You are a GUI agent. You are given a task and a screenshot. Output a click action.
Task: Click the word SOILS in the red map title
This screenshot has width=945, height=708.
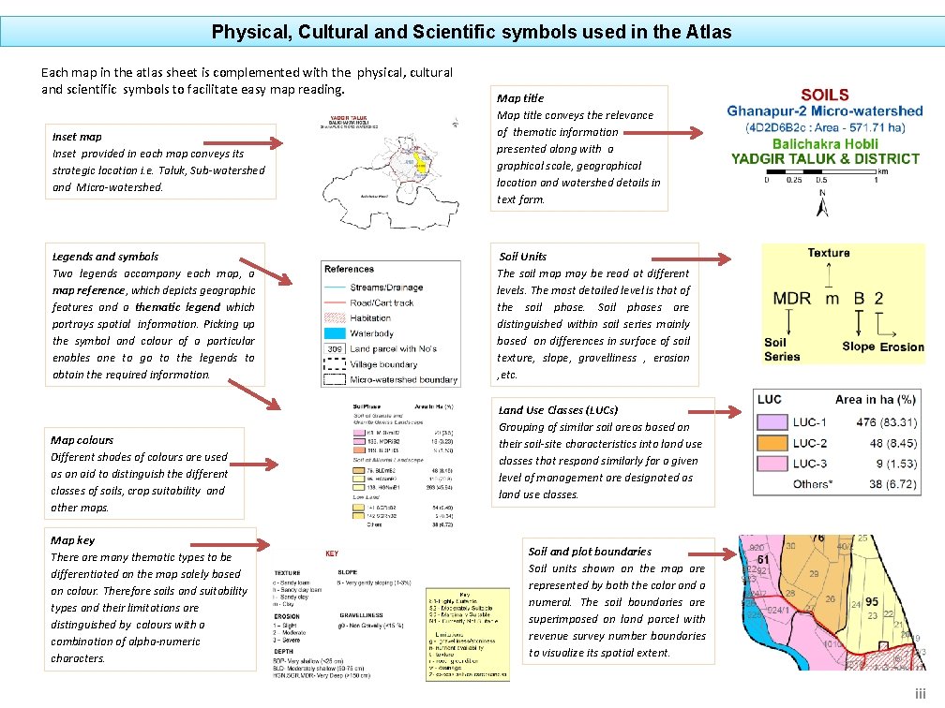pos(825,95)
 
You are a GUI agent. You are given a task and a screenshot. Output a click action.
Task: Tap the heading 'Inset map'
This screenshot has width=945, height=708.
pos(78,137)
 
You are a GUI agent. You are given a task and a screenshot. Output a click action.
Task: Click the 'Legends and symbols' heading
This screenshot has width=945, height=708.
pos(105,257)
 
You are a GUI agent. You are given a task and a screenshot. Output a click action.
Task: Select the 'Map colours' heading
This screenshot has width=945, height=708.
pos(82,440)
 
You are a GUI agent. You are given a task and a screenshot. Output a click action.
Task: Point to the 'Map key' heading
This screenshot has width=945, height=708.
pos(72,540)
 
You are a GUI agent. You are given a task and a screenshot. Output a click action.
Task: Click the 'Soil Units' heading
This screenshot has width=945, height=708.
pos(523,257)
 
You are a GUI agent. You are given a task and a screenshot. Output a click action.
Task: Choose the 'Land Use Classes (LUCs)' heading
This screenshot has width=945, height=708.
pos(558,410)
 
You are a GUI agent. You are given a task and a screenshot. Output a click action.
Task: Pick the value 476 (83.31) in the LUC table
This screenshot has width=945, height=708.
pos(890,422)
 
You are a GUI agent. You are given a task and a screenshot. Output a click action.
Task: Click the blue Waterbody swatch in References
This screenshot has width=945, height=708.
pos(337,332)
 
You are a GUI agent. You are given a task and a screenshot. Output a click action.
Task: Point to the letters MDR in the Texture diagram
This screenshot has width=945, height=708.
pos(792,299)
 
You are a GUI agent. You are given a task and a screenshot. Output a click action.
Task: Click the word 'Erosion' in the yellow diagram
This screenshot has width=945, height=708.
pos(902,347)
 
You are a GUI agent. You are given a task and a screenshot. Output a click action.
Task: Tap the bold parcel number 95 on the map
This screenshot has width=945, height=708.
pos(872,602)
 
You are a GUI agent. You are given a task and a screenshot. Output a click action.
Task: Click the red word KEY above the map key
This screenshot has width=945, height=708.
pos(332,554)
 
